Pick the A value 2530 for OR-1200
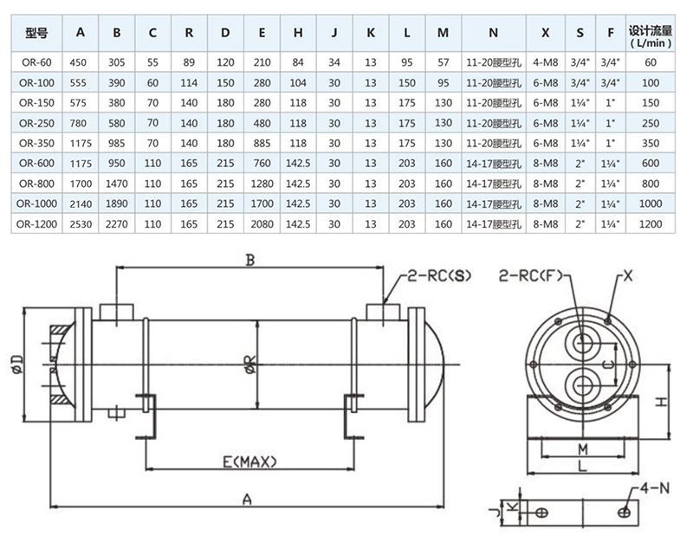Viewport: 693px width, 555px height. (81, 223)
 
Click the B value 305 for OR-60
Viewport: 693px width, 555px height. (116, 61)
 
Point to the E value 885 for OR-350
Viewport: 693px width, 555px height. (262, 143)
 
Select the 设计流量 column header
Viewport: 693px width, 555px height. (651, 35)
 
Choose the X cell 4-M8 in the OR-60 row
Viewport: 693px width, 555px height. (544, 61)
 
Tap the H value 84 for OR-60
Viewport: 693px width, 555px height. (298, 61)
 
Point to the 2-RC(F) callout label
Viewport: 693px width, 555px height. (531, 277)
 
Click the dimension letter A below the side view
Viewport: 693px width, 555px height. (248, 499)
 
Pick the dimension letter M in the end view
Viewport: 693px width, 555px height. (583, 449)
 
